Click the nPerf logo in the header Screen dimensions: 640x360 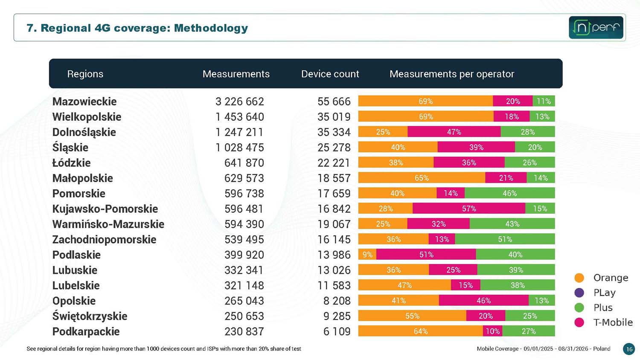[x=596, y=27]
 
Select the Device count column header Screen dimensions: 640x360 [x=330, y=74]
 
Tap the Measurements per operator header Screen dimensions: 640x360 [x=452, y=74]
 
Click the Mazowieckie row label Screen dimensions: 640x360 [x=84, y=102]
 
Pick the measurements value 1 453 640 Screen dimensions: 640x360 [x=240, y=117]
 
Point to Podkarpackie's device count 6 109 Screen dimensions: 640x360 [x=337, y=331]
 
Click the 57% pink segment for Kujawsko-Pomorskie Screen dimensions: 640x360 [x=469, y=208]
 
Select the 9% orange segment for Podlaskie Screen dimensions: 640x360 [x=367, y=254]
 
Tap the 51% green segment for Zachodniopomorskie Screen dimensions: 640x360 [x=505, y=239]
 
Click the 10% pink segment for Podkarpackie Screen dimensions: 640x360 [x=492, y=331]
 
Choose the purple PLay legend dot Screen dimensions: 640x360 [x=579, y=293]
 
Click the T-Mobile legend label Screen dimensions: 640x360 [x=613, y=322]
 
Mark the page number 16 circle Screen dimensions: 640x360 [x=629, y=349]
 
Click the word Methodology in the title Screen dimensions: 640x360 [x=211, y=28]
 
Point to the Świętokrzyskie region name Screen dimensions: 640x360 [x=90, y=316]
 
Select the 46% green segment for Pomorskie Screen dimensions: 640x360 [x=510, y=193]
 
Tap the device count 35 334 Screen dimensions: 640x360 [x=334, y=132]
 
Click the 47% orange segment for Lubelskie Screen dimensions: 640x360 [x=404, y=285]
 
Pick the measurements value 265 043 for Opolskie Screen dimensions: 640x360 [x=244, y=301]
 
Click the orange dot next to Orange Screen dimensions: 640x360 [x=579, y=278]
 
